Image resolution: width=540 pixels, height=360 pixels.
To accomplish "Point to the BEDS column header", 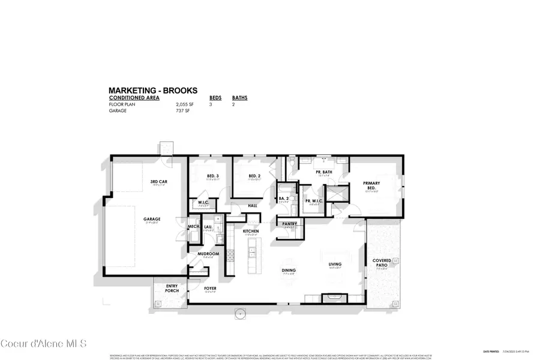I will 215,97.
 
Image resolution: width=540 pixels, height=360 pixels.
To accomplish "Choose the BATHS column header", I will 239,97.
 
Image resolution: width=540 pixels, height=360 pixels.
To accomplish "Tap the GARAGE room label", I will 152,219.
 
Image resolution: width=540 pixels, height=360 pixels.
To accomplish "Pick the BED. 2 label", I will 254,176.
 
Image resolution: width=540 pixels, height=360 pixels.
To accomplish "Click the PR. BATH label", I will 324,172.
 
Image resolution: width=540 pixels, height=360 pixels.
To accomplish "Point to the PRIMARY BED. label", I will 368,185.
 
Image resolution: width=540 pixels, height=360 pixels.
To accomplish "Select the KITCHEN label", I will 250,231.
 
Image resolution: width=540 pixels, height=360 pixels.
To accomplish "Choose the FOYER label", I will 210,288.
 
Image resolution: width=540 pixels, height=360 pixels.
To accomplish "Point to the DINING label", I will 289,269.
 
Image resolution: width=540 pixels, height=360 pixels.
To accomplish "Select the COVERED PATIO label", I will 382,263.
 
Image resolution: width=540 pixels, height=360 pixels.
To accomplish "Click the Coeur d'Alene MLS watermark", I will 44,343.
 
